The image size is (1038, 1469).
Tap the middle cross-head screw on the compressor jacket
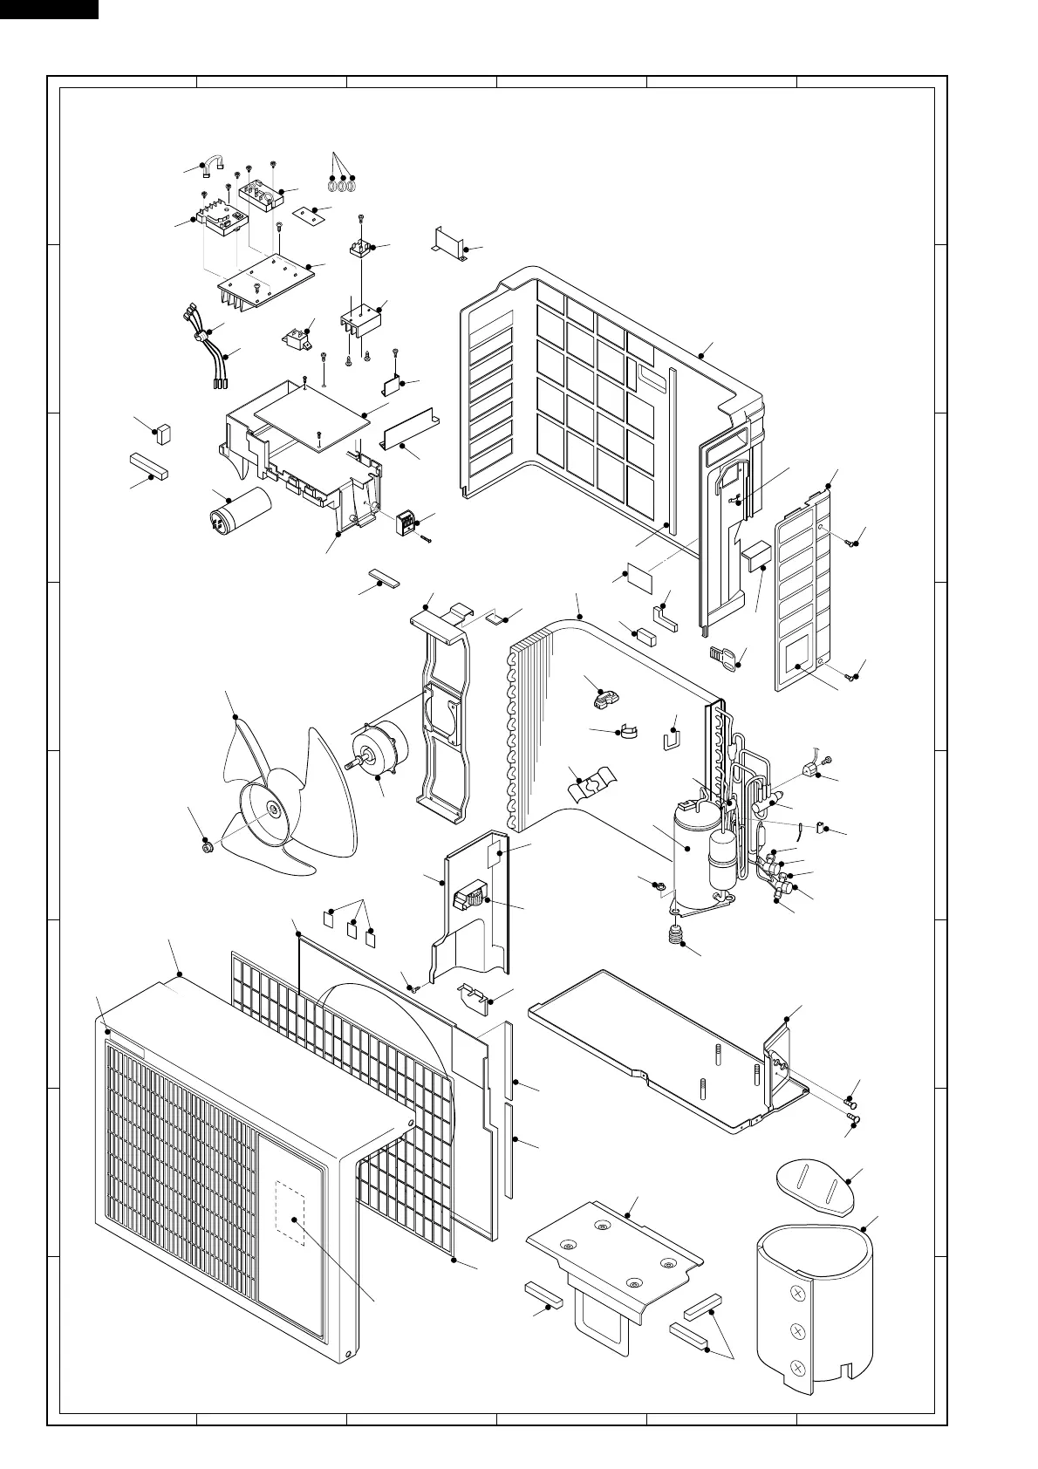click(x=796, y=1329)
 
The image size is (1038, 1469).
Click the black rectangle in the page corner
click(x=49, y=9)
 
